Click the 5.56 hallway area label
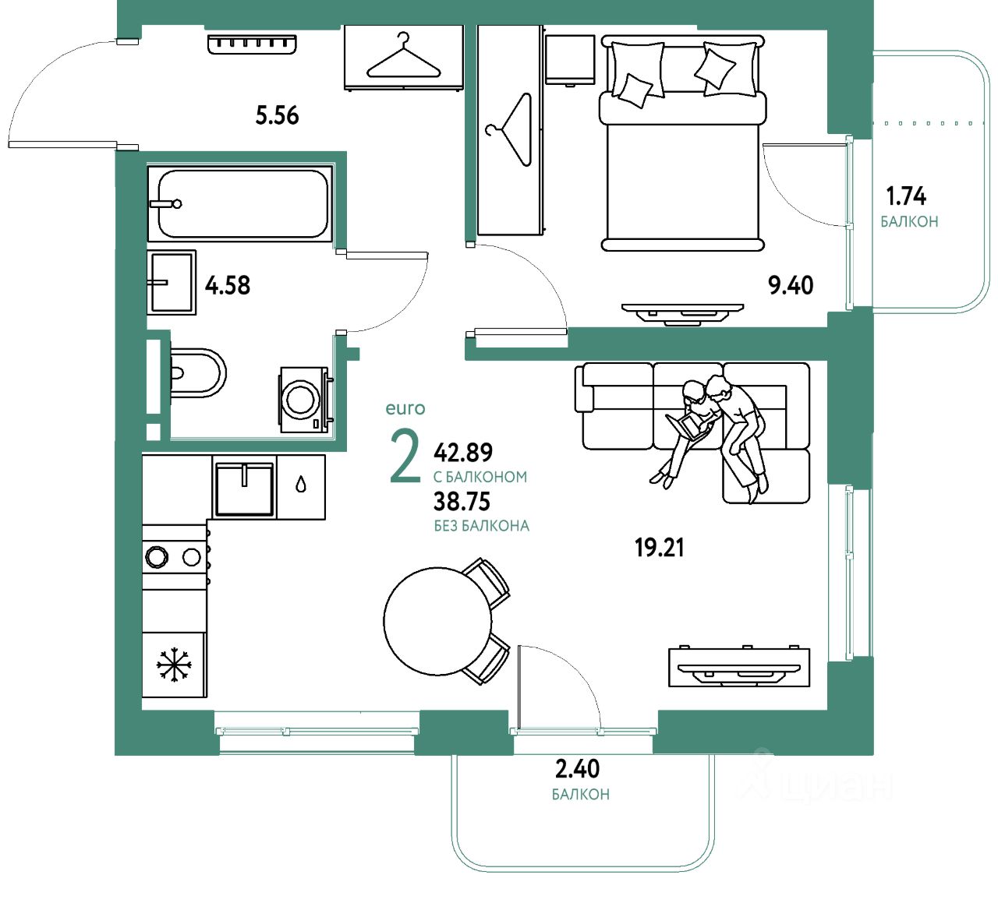tap(277, 115)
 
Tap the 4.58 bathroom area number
tap(228, 285)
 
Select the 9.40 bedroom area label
tap(791, 285)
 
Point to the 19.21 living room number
tap(659, 548)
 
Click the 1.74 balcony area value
tap(906, 196)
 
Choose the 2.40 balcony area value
tap(577, 769)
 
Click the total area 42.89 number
tap(463, 452)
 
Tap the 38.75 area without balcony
tap(462, 502)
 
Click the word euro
tap(405, 408)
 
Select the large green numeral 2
tap(405, 458)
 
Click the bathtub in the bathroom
tap(242, 203)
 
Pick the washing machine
tap(303, 399)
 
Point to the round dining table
tap(438, 621)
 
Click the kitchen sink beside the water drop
tap(244, 489)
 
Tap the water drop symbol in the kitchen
tap(301, 485)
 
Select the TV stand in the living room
tap(738, 668)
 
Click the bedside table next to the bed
tap(570, 58)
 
